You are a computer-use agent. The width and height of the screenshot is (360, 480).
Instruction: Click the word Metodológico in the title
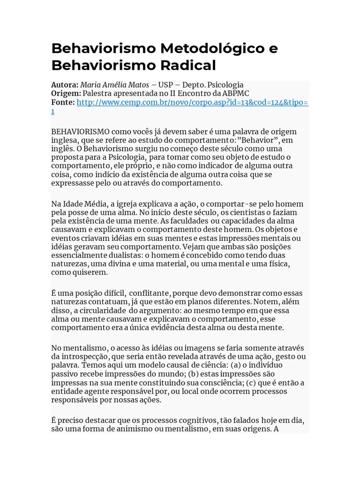point(213,48)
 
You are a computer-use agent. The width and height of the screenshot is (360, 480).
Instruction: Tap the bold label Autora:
point(65,85)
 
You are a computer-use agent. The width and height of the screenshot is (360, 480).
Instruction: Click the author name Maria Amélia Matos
point(114,85)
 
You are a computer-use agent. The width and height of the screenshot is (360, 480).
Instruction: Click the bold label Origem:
point(66,94)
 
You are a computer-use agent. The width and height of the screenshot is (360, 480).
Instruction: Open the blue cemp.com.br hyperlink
point(192,103)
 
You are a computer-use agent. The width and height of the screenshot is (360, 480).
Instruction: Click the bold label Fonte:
point(63,103)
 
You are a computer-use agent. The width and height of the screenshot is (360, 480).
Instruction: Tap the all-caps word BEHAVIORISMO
point(81,132)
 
